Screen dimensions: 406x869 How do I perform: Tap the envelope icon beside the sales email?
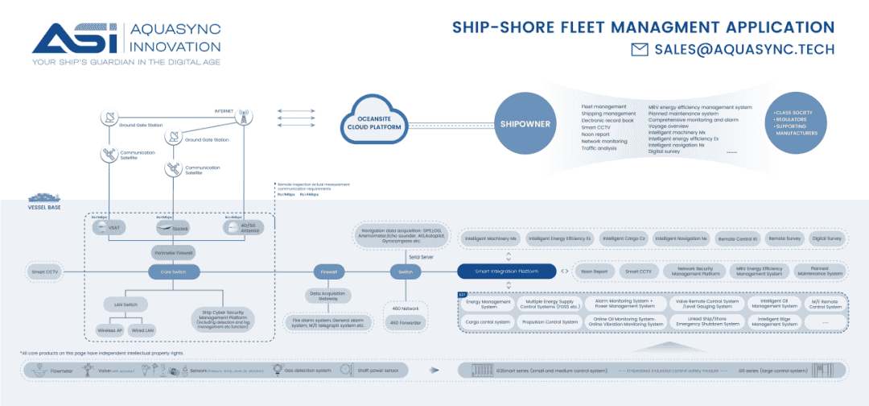tap(640, 50)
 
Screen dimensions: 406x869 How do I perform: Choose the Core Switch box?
tap(169, 272)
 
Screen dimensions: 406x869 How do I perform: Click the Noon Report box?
tap(595, 272)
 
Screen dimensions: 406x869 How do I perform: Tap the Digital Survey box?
tap(826, 238)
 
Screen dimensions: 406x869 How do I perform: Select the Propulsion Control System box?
tap(550, 321)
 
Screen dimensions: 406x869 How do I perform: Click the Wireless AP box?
tap(109, 330)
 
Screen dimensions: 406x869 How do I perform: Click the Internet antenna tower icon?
tap(241, 118)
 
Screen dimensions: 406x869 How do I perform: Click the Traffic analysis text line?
tap(599, 148)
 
